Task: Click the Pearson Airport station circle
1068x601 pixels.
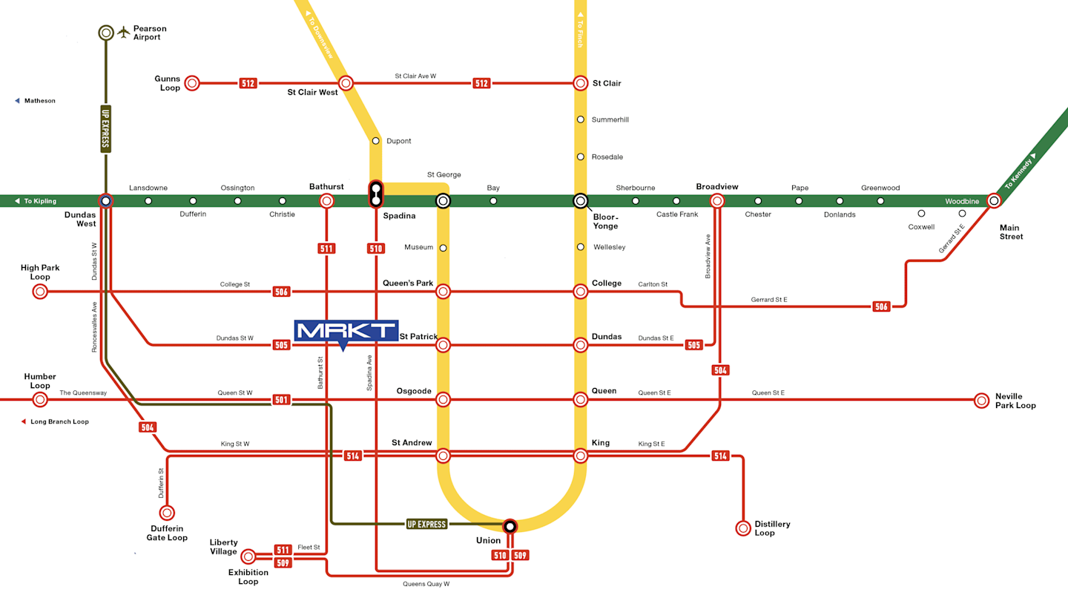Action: [106, 33]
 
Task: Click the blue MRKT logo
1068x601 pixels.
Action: [346, 331]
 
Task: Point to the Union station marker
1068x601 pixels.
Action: [510, 526]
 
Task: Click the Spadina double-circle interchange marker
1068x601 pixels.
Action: [376, 194]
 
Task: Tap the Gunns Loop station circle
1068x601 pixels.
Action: [192, 83]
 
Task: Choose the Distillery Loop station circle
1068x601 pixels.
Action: [743, 528]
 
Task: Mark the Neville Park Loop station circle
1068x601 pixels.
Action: [982, 400]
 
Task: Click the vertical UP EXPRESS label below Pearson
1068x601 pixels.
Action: [106, 128]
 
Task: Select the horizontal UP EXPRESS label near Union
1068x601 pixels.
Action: [426, 525]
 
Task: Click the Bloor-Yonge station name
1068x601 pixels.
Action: [605, 221]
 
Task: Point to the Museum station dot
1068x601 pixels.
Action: [443, 248]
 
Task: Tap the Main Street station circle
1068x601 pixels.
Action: [994, 200]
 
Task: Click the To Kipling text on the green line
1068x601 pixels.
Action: [39, 201]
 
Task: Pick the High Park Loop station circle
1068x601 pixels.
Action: [40, 292]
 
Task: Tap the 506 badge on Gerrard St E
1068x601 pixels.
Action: [880, 306]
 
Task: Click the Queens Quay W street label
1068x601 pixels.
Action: [426, 584]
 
